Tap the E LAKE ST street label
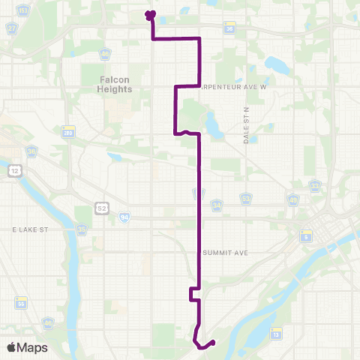point(30,229)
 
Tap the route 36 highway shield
point(229,28)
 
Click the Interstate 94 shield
point(122,217)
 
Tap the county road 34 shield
point(217,203)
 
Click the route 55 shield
point(20,302)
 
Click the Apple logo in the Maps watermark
point(11,347)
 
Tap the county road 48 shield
point(244,198)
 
